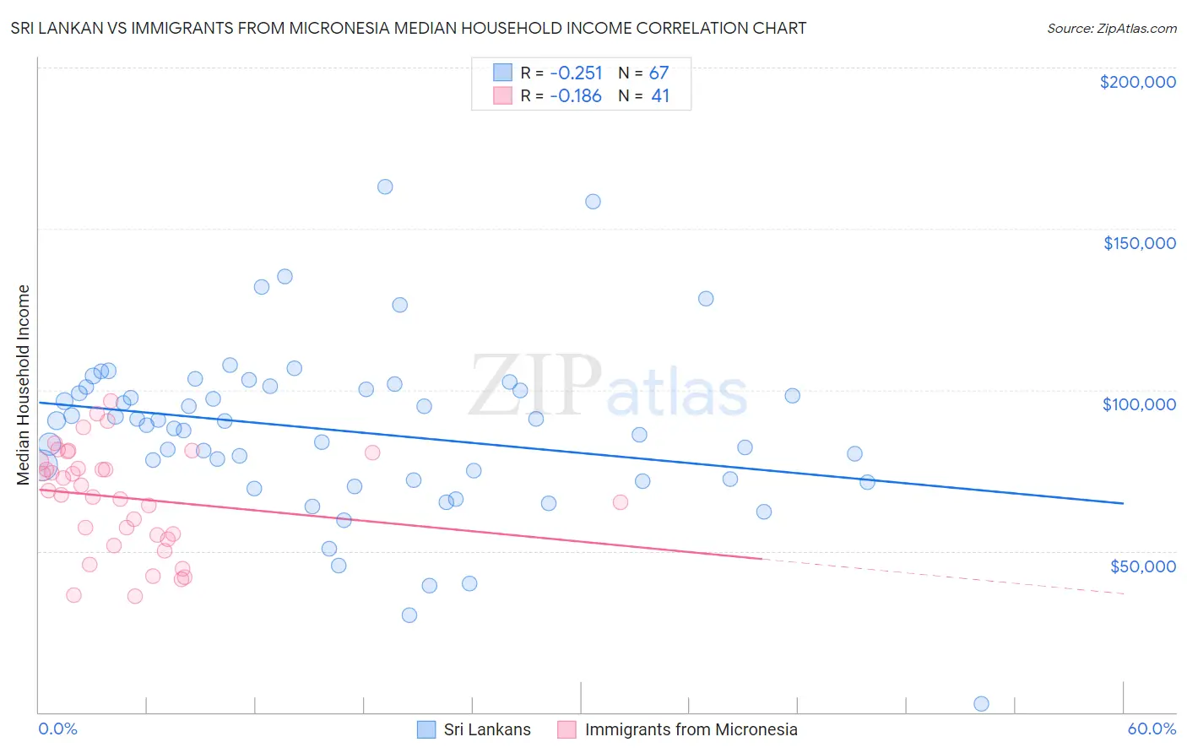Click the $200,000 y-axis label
coord(1137,82)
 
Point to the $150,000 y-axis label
coord(1139,243)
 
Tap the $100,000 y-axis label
coord(1139,404)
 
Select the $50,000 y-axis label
coord(1142,566)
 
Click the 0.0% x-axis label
coord(57,729)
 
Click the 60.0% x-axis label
coord(1151,729)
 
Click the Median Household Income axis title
coord(24,385)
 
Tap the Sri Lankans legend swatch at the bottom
coord(427,729)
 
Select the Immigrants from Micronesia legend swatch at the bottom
coord(566,729)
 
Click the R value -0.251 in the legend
coord(576,73)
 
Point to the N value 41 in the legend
coord(660,96)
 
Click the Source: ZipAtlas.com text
coord(1111,29)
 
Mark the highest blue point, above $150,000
coord(385,187)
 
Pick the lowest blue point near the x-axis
coord(981,704)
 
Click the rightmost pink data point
coord(621,502)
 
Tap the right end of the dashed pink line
coord(1124,594)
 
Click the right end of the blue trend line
coord(1124,503)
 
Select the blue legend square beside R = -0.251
coord(502,73)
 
